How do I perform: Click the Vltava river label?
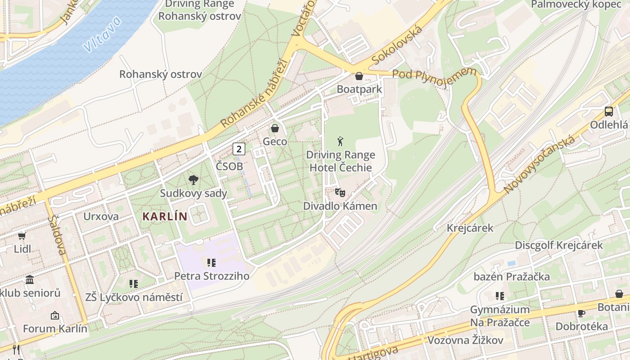(102, 35)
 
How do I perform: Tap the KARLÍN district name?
(165, 216)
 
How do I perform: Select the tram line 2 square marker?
(239, 149)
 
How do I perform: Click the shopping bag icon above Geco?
(275, 129)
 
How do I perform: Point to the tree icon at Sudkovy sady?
(193, 180)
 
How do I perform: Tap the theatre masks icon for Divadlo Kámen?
(340, 193)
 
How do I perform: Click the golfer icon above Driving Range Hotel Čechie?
(340, 142)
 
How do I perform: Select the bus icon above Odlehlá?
(608, 112)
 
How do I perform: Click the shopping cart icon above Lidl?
(22, 236)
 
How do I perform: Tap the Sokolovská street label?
(397, 45)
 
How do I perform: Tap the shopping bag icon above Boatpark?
(359, 76)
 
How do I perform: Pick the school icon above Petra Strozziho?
(211, 263)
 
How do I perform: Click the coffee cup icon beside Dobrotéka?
(581, 313)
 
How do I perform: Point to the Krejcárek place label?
(470, 228)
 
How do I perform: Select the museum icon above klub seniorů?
(30, 280)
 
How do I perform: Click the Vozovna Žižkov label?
(465, 340)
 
